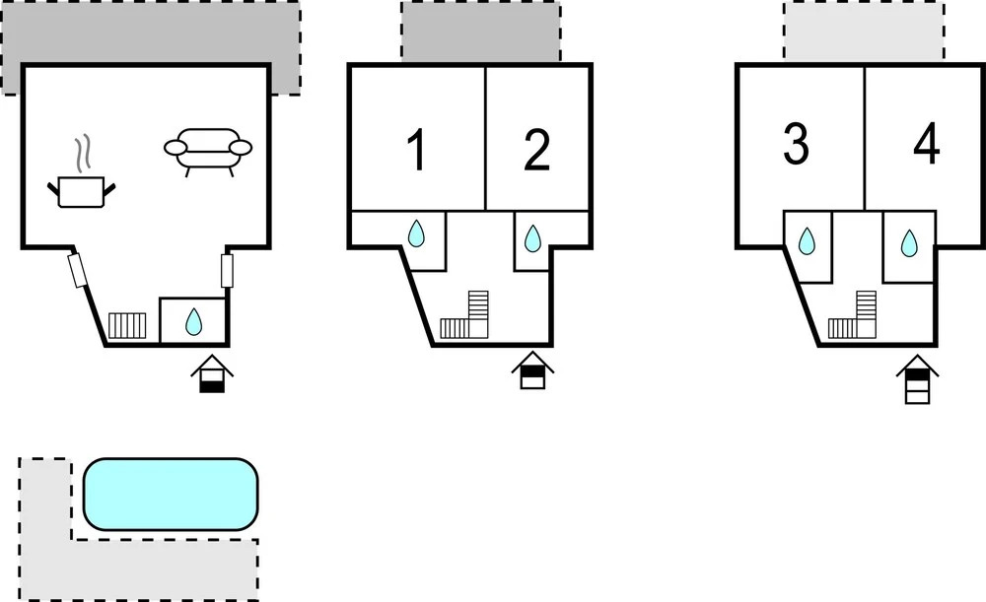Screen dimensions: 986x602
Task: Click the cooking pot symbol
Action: [x=82, y=175]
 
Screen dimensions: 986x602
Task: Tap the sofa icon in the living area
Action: [x=208, y=152]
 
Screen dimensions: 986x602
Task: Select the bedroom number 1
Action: [x=416, y=150]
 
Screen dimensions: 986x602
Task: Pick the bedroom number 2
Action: [x=536, y=150]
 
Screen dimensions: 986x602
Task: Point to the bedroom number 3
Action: [x=796, y=145]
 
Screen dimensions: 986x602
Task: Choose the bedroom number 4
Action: [x=927, y=144]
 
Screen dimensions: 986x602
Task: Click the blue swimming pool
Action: [x=171, y=494]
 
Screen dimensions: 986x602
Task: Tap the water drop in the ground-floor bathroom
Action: [x=193, y=322]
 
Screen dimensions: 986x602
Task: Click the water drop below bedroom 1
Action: [x=416, y=234]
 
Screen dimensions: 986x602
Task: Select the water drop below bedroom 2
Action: [x=532, y=238]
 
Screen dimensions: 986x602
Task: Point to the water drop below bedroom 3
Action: [x=807, y=241]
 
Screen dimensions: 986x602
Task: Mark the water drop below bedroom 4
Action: [x=909, y=243]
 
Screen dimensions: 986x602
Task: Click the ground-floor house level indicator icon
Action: [x=212, y=373]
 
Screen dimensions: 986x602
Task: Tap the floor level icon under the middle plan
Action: [x=532, y=370]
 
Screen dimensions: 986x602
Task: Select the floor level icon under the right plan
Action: [x=917, y=379]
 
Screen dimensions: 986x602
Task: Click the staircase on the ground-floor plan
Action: [x=127, y=326]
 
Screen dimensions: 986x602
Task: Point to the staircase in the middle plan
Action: [x=464, y=315]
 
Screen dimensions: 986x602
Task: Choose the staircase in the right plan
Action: [x=853, y=315]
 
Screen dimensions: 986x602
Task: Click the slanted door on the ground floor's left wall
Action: [x=77, y=271]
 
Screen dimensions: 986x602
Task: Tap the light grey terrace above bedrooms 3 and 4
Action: [x=864, y=31]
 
